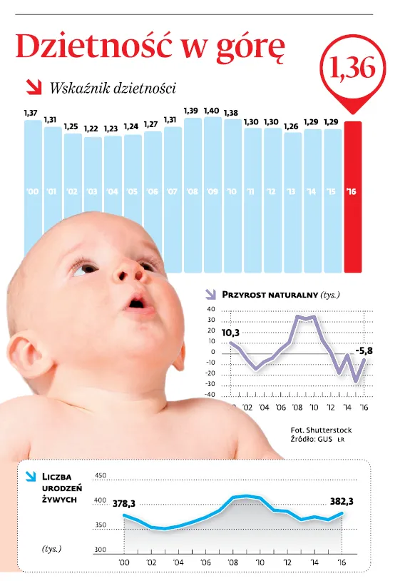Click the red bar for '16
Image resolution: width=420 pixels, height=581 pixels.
click(353, 197)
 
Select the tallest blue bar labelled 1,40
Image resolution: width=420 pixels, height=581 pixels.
click(212, 195)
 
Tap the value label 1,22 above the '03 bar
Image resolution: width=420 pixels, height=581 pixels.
click(91, 129)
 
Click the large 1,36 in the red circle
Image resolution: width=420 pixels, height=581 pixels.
click(352, 68)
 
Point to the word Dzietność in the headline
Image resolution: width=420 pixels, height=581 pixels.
click(94, 46)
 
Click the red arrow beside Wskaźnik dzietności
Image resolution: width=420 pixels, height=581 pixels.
click(34, 88)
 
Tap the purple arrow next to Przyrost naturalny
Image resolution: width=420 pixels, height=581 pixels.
click(210, 294)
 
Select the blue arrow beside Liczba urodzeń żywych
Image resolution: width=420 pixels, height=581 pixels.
click(31, 477)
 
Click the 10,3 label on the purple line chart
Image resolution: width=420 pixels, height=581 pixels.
click(230, 333)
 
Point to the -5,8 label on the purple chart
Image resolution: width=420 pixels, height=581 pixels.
click(364, 350)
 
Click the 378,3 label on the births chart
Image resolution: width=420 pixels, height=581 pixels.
click(124, 504)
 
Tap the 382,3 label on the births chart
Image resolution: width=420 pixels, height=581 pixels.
click(342, 501)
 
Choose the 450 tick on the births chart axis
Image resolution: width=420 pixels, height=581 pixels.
click(101, 475)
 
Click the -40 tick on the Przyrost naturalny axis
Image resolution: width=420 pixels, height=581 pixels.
click(210, 395)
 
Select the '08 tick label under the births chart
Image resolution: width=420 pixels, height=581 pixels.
click(232, 562)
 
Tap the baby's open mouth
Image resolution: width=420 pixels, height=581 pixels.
click(136, 304)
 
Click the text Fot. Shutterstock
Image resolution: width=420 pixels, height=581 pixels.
click(321, 430)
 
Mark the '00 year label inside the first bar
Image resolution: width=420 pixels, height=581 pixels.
click(33, 191)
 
